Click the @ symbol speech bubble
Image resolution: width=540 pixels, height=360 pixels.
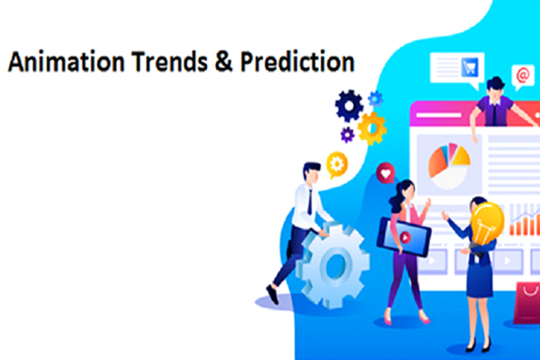pyautogui.click(x=521, y=76)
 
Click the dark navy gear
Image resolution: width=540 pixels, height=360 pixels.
pyautogui.click(x=349, y=106)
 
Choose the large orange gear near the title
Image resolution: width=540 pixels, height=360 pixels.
pyautogui.click(x=371, y=129)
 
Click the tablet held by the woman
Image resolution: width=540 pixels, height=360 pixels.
pyautogui.click(x=402, y=236)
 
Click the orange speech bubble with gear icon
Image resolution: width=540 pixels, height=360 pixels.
pyautogui.click(x=337, y=163)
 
